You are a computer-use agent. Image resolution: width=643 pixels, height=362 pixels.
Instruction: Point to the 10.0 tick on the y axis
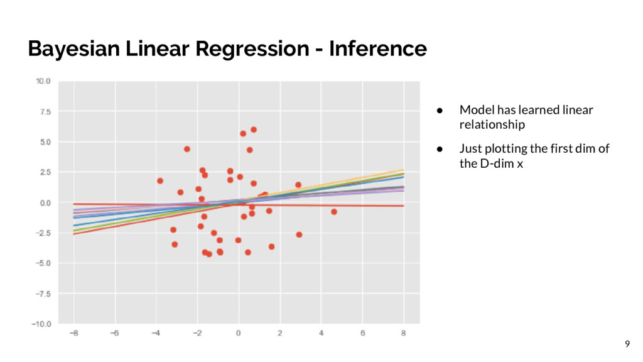(x=43, y=81)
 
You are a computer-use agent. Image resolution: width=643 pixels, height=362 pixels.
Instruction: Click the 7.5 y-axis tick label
(x=45, y=111)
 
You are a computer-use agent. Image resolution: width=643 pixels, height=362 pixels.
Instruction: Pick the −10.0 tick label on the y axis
(x=41, y=324)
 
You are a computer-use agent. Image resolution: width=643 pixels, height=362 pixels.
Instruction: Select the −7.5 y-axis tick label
(x=43, y=293)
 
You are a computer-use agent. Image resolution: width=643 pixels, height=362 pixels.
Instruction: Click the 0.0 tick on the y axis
(x=45, y=203)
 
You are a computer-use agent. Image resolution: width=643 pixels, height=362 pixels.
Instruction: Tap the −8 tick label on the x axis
(x=73, y=333)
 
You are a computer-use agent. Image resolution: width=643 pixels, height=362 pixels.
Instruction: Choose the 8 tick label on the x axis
(x=404, y=333)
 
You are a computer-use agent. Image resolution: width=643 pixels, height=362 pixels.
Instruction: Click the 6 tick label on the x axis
(x=362, y=333)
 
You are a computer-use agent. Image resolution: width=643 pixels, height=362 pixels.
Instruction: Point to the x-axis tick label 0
(x=239, y=333)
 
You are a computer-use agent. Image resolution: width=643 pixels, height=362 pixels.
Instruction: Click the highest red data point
(x=254, y=129)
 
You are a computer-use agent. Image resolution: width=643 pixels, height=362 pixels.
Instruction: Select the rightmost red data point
(x=334, y=212)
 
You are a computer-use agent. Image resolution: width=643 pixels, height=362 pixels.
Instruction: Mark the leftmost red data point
(x=160, y=181)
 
